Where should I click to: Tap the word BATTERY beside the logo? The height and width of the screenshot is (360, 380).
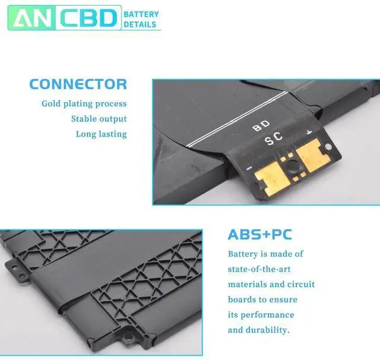coord(142,13)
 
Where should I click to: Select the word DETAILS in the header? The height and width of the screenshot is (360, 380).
coord(140,24)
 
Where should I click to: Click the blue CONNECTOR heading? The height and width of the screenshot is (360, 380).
coord(78,84)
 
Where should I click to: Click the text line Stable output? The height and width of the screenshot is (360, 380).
coord(99,119)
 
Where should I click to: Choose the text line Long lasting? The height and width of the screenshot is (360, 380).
coord(101,134)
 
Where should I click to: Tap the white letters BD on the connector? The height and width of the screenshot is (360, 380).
coord(261,125)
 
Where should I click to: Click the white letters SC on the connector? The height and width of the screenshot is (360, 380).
coord(273,140)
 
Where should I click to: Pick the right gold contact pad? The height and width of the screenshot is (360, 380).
coord(309,156)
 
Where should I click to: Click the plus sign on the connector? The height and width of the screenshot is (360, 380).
coord(309,131)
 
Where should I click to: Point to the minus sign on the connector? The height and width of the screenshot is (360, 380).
coord(249,168)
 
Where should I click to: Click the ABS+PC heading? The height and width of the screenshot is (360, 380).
coord(259,235)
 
